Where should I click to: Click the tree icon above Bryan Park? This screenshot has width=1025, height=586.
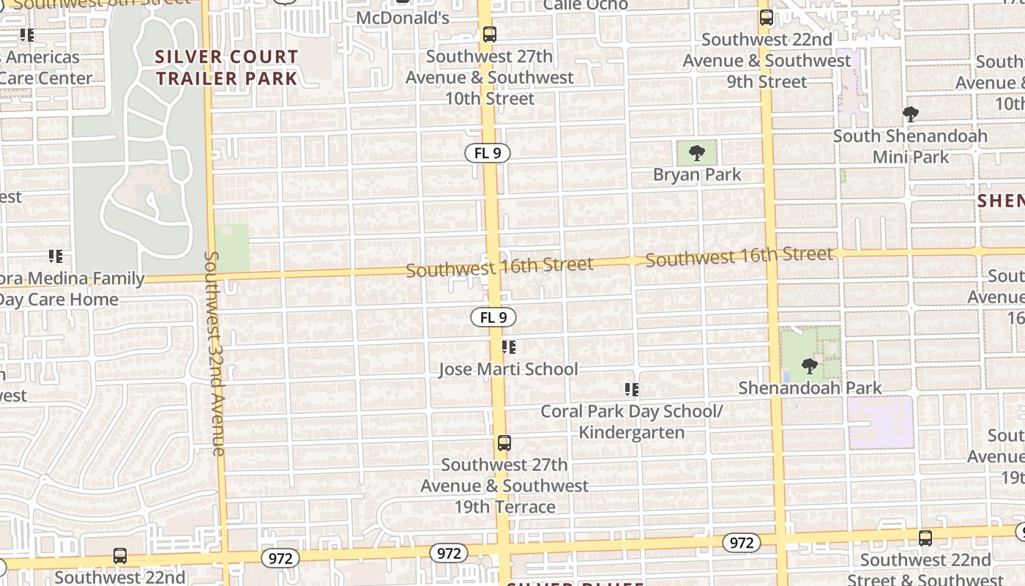(697, 153)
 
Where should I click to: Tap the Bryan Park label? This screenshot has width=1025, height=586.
(697, 174)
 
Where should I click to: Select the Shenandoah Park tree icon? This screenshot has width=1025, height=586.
(809, 366)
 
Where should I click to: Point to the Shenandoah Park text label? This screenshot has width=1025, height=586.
(810, 387)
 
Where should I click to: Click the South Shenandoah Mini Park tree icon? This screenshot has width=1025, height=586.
(911, 114)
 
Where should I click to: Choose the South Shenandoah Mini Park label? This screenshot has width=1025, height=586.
(910, 146)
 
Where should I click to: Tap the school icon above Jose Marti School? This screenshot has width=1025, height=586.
(509, 347)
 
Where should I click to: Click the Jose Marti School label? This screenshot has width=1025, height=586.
(508, 369)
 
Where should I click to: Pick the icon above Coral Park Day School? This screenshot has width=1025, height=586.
(631, 390)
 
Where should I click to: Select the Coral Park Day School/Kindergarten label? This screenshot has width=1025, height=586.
(631, 421)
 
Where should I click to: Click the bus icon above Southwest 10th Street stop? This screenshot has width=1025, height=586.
(490, 34)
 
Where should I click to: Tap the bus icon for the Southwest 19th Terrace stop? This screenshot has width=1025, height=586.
(504, 442)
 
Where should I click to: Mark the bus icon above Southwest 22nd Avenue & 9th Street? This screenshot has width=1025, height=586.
(767, 18)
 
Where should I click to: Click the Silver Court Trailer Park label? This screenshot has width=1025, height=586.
(227, 67)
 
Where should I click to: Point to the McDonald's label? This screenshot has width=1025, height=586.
(402, 18)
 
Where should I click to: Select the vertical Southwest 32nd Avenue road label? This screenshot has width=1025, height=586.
(215, 353)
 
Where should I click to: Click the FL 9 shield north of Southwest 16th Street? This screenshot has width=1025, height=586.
(488, 153)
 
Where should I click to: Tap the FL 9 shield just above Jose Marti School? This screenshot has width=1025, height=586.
(493, 317)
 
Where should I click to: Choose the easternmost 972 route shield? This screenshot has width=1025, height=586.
(741, 543)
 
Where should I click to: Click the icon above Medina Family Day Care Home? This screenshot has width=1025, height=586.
(56, 256)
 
